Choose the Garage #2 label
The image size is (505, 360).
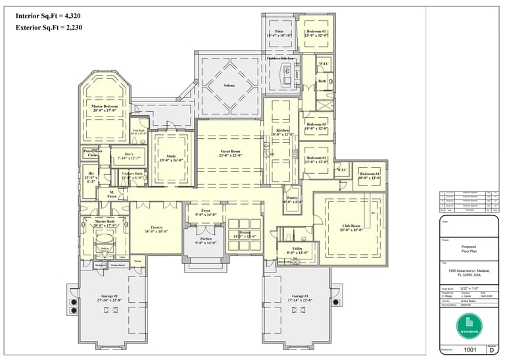coord(106,297)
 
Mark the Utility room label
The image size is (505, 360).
coord(297,249)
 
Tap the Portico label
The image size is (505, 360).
coord(206,241)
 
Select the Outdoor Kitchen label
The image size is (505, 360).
coord(279,59)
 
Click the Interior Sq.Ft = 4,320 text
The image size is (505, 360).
coord(50,14)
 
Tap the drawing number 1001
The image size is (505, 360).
coord(468,351)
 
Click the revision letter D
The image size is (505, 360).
coord(492,351)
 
